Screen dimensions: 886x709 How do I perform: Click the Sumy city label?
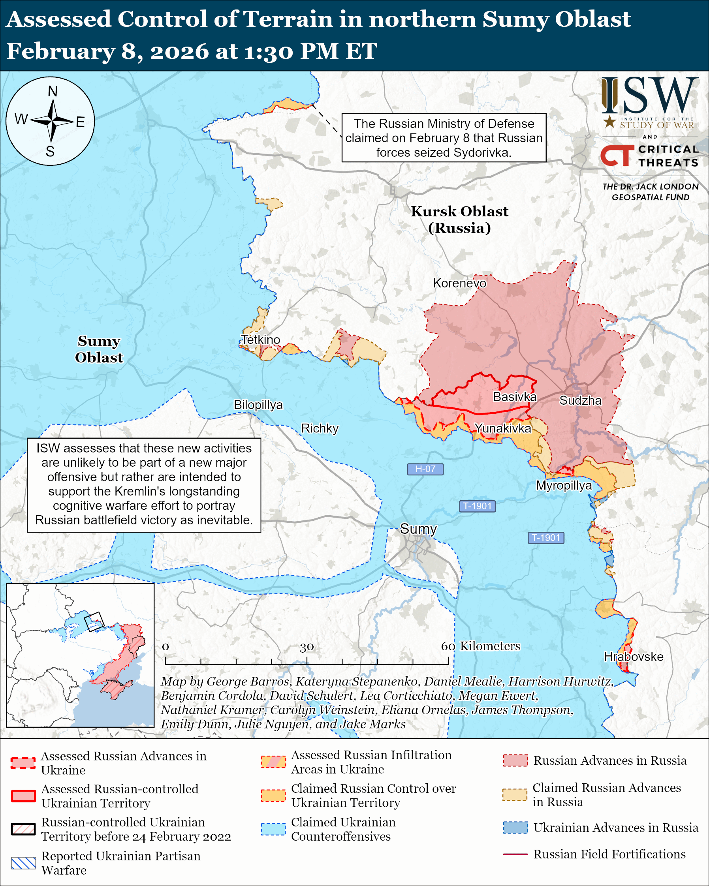[418, 529]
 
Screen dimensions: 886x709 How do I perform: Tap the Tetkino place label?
[260, 340]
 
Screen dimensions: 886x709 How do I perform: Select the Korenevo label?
[459, 283]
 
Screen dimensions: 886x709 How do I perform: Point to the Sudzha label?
[580, 401]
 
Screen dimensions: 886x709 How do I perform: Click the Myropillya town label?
[564, 485]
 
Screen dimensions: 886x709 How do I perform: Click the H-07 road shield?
[425, 469]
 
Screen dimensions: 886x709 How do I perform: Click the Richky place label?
[320, 428]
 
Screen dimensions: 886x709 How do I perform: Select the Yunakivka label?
[503, 428]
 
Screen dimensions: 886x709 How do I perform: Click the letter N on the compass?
[52, 91]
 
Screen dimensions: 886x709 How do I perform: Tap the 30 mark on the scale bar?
[307, 647]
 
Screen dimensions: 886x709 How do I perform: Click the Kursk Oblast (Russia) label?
[459, 220]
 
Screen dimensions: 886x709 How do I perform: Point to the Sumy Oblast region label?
[99, 349]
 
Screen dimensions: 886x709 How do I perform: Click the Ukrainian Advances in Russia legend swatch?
[515, 827]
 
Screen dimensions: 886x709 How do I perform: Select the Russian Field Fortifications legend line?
[515, 854]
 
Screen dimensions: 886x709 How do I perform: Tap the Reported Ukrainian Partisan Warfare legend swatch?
[23, 863]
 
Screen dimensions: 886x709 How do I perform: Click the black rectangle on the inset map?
[94, 621]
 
